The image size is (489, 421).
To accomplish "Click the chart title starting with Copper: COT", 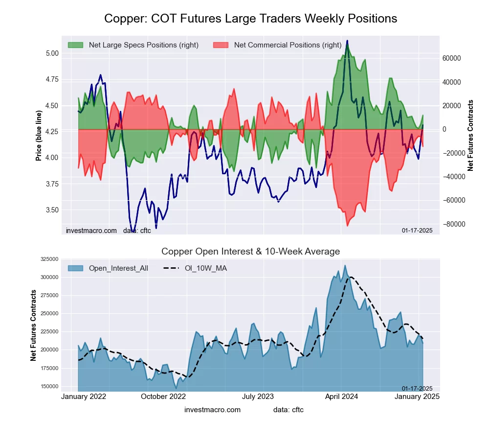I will [x=250, y=19].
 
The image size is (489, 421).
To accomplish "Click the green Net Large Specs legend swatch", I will [x=76, y=45].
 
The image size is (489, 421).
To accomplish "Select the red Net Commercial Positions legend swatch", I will [x=221, y=45].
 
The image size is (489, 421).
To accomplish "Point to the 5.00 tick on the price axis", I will [x=51, y=53].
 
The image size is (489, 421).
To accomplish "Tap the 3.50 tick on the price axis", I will [x=51, y=210].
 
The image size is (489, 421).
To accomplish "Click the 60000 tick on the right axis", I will [x=451, y=58].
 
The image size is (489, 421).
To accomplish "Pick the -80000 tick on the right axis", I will [x=451, y=224].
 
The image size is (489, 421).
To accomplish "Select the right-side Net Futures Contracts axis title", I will [x=471, y=135].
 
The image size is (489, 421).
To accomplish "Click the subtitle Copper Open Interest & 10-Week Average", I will [x=250, y=252].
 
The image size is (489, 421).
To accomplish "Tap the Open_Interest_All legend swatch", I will [x=76, y=268].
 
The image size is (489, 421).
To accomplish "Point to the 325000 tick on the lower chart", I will [x=49, y=259].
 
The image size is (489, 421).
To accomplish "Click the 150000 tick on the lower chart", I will [x=49, y=386].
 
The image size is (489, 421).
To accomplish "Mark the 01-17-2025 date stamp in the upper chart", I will [x=417, y=230].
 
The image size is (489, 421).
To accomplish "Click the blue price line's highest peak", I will [x=347, y=41].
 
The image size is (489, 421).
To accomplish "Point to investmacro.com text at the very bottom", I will [x=212, y=410].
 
